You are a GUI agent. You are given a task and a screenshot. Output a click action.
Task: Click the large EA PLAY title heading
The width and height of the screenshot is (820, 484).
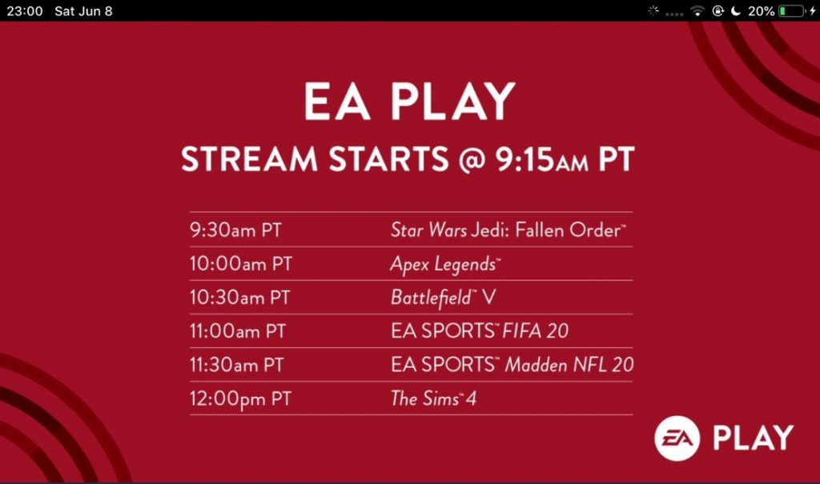point(409,102)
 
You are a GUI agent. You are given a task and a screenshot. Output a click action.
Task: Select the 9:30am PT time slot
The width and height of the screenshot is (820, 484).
point(235,230)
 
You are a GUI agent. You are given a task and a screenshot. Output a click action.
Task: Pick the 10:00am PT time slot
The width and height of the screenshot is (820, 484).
point(239,264)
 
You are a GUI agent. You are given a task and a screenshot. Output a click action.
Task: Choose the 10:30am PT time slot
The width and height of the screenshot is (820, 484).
point(239,298)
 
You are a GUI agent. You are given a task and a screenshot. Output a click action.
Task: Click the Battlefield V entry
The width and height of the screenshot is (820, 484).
point(443,298)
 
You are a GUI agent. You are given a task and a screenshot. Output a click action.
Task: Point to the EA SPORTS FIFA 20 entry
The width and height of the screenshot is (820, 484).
point(480,331)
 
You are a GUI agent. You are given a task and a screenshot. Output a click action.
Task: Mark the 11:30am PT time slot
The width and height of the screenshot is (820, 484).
point(237,365)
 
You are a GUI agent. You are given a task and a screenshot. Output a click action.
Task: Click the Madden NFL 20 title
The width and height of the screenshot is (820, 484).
point(569,365)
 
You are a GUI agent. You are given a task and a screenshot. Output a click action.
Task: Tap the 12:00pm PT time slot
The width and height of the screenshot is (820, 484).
point(239,398)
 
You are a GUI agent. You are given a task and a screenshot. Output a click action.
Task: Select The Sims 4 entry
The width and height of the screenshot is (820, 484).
point(433,398)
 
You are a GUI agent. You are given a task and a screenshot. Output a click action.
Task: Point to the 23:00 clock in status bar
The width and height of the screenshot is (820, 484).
point(24,11)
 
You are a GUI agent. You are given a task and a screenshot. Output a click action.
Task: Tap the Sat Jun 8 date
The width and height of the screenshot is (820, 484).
point(83,11)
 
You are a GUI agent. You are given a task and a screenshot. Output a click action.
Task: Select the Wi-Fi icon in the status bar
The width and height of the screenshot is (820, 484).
point(697,11)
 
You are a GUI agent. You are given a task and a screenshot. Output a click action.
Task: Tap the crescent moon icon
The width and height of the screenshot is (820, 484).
point(735,11)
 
